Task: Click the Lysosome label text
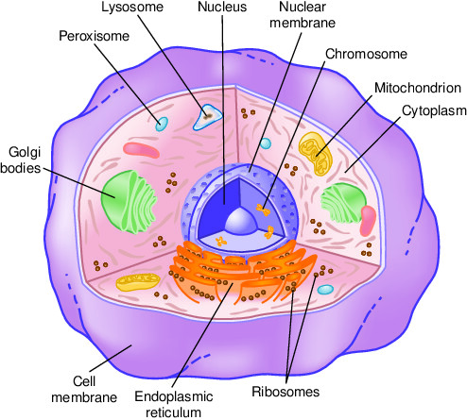click(132, 8)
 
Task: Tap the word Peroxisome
click(95, 36)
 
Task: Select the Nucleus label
click(222, 7)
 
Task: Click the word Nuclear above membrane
click(303, 7)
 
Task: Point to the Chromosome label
click(366, 54)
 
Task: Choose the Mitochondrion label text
click(418, 88)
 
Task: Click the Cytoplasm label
click(434, 111)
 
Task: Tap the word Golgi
click(25, 153)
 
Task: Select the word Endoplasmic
click(174, 397)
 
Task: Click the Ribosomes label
click(285, 392)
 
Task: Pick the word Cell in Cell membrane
click(84, 381)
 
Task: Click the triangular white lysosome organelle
click(207, 117)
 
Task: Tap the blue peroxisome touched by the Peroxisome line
click(162, 124)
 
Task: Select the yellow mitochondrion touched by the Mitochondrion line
click(316, 154)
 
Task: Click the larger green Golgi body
click(129, 202)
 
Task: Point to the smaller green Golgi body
click(343, 203)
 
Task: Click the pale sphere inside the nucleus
click(241, 221)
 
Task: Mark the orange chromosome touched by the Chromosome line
click(263, 210)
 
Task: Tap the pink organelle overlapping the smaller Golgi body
click(368, 221)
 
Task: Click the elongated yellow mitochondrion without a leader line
click(138, 282)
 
